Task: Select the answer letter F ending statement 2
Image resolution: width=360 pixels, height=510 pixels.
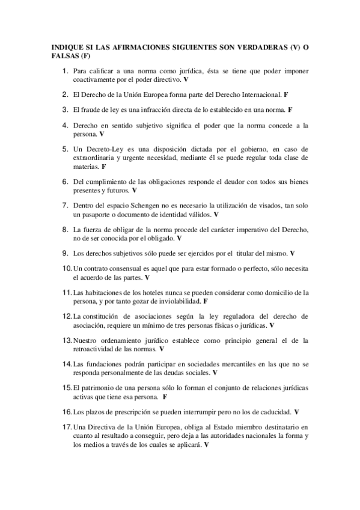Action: (286, 94)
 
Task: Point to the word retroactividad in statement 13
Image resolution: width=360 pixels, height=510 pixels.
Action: (97, 349)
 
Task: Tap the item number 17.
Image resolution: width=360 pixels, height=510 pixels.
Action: (65, 427)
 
